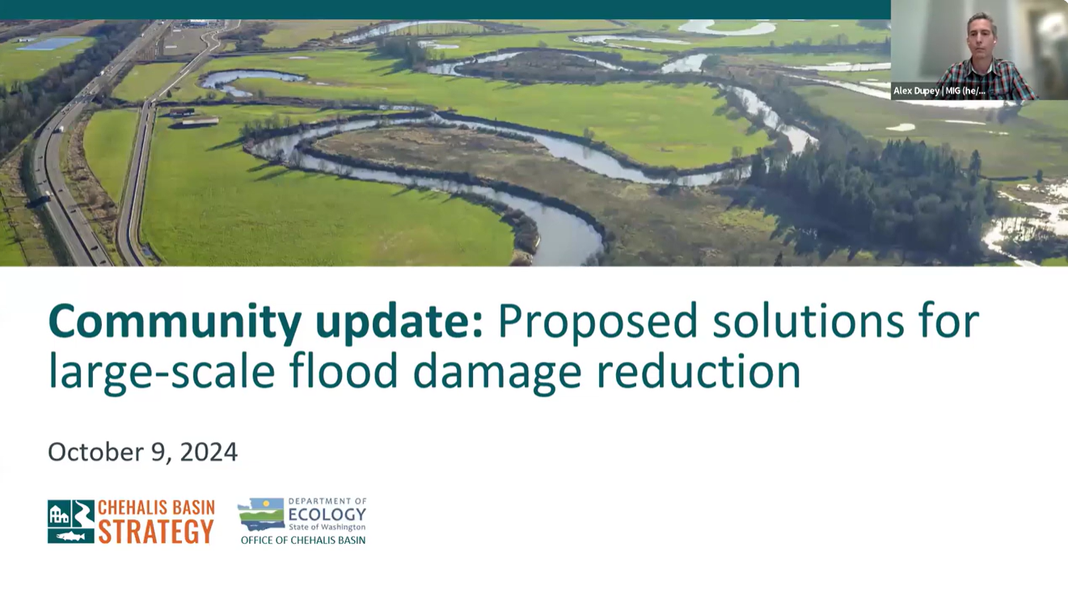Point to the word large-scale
162,372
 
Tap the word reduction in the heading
699,369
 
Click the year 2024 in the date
209,452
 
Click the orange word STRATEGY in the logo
156,531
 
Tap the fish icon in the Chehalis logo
70,536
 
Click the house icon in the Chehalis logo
59,515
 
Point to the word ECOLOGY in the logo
327,515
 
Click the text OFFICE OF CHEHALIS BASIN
303,540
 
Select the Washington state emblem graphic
261,515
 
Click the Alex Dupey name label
939,91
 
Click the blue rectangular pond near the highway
50,44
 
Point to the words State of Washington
327,528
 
